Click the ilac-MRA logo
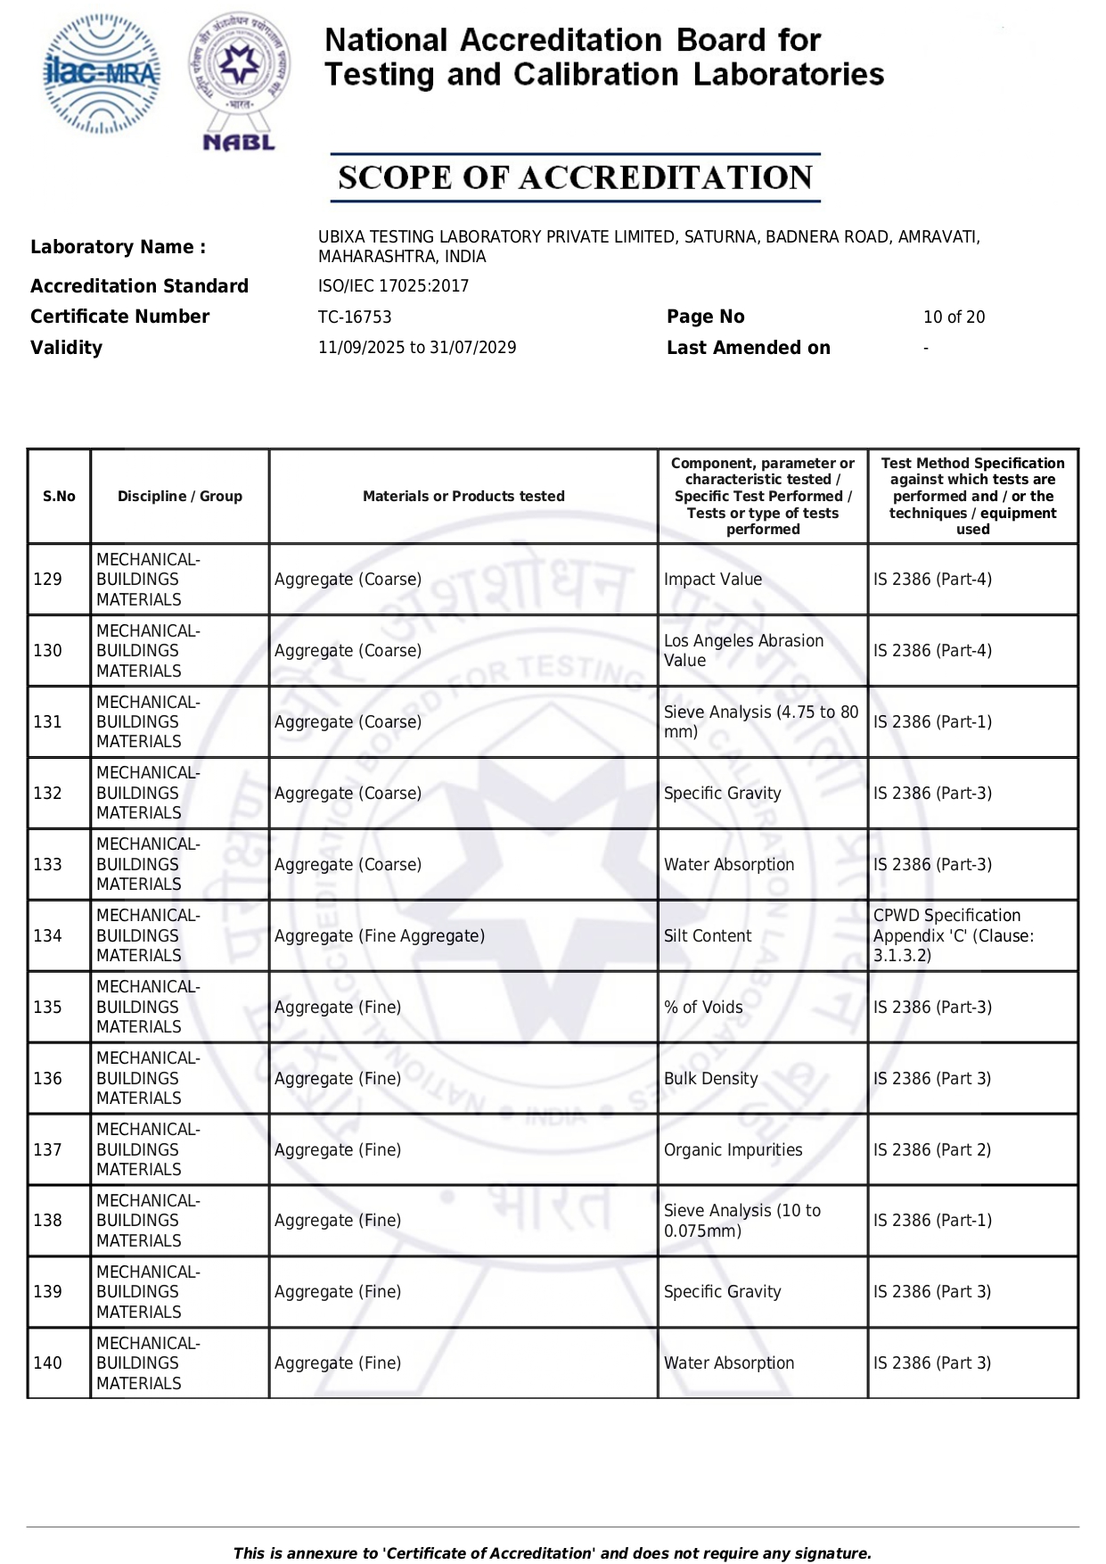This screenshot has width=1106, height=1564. [102, 74]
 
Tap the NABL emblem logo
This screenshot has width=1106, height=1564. [239, 80]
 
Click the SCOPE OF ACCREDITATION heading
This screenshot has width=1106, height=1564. [575, 177]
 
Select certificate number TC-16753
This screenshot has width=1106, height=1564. [355, 317]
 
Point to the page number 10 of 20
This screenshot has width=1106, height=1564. [954, 317]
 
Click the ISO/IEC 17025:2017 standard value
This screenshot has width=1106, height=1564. [393, 286]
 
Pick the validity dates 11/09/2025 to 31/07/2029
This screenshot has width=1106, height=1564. [417, 348]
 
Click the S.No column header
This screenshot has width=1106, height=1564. [59, 497]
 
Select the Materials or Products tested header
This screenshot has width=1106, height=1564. [463, 497]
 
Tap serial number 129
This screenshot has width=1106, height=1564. [48, 580]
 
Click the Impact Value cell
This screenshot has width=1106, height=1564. [713, 580]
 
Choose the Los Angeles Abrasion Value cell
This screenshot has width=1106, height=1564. [743, 651]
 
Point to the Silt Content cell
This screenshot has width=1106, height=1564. [708, 936]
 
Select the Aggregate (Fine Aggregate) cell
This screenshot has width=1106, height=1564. [380, 936]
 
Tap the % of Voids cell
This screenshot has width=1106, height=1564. [703, 1008]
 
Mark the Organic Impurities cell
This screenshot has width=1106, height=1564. [733, 1150]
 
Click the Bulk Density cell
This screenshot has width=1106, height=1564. [711, 1079]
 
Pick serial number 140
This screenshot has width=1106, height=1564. [48, 1363]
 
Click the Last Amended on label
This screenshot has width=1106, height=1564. [749, 348]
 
